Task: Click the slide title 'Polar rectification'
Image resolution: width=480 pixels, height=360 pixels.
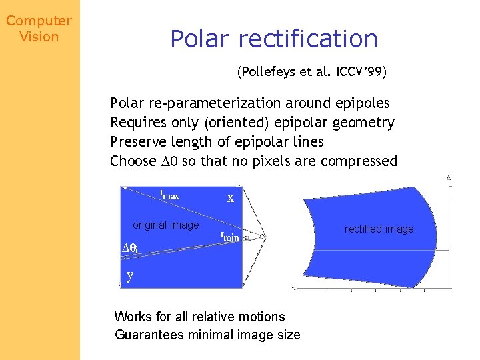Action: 273,39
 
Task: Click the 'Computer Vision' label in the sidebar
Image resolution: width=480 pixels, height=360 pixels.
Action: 39,29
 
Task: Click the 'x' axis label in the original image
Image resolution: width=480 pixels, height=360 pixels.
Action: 230,198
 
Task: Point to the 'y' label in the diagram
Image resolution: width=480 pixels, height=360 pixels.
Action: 129,275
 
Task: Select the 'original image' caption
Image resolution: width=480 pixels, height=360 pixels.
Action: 165,225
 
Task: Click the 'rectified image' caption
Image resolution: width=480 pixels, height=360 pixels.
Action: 379,229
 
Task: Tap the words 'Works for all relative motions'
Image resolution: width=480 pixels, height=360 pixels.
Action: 199,317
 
